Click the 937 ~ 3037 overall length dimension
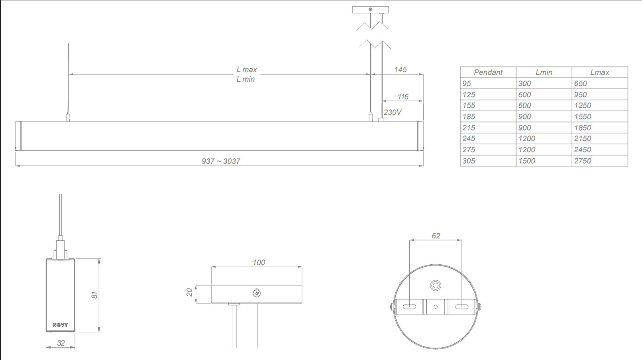click(221, 161)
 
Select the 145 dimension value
click(400, 70)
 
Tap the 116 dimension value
click(403, 97)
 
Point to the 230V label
click(393, 112)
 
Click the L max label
click(247, 70)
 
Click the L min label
click(245, 79)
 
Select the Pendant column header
click(488, 73)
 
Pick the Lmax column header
click(599, 73)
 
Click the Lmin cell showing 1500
click(527, 161)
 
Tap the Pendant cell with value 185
click(469, 117)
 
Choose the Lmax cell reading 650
click(580, 84)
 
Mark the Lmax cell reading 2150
click(582, 139)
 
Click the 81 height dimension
click(94, 295)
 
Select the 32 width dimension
click(61, 343)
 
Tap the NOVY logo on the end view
click(61, 325)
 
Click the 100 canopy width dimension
click(259, 262)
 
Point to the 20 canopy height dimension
click(190, 292)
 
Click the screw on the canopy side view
click(257, 293)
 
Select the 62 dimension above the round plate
click(436, 236)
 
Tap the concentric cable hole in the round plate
click(436, 285)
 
